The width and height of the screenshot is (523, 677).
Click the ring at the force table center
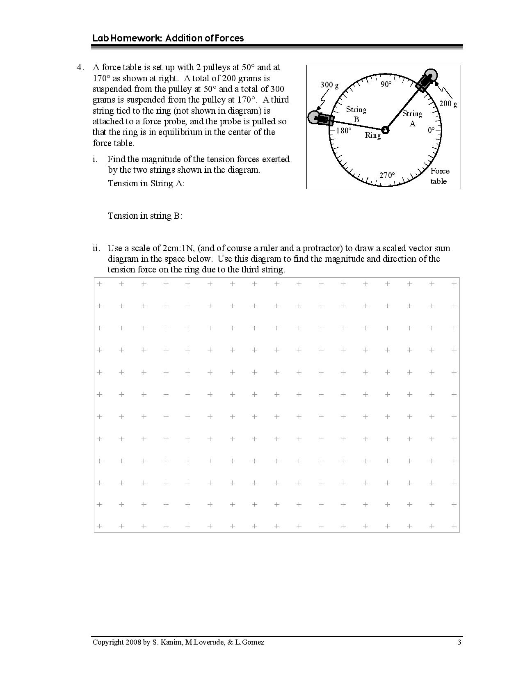(385, 130)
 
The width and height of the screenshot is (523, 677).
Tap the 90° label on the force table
(386, 85)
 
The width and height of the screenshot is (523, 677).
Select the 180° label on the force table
(344, 130)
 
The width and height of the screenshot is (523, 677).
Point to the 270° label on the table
(387, 176)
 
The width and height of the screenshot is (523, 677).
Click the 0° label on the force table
(431, 130)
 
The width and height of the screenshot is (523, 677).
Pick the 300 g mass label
(329, 85)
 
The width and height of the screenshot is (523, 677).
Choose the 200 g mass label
(448, 103)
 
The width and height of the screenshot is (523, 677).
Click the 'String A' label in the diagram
(412, 118)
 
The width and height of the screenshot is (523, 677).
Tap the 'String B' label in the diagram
(356, 114)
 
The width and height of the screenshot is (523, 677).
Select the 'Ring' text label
(373, 135)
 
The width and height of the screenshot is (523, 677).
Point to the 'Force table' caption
(439, 176)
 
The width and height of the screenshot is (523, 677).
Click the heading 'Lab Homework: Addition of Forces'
(168, 38)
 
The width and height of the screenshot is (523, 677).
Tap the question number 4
(81, 67)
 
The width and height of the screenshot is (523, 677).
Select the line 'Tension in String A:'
(146, 183)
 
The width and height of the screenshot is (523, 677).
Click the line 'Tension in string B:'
(145, 216)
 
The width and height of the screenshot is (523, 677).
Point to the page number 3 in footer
(459, 642)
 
